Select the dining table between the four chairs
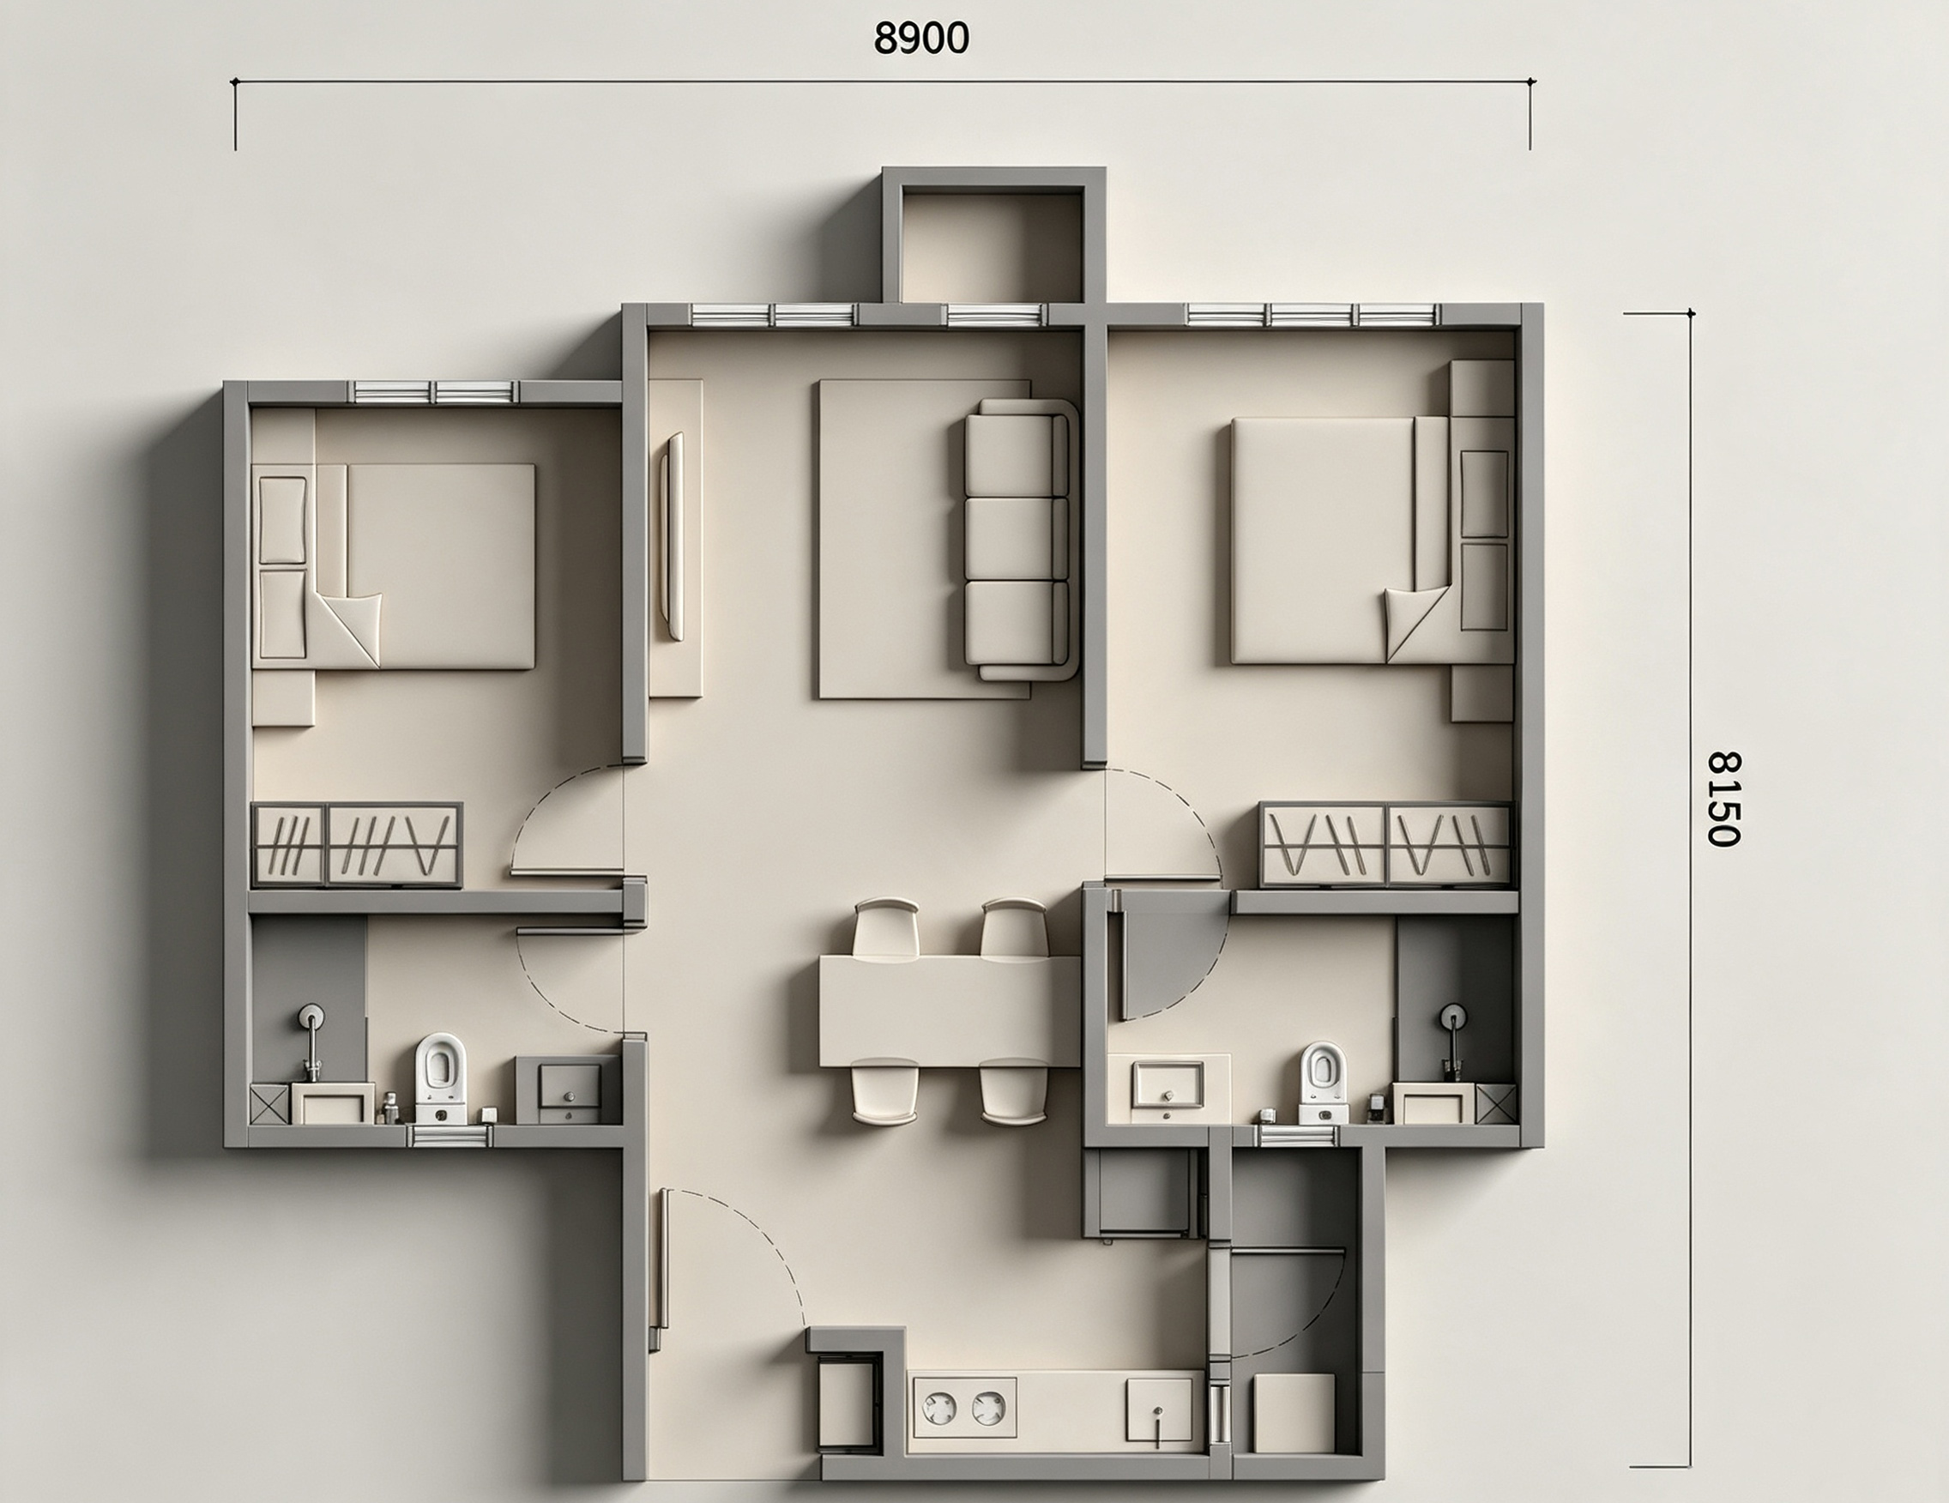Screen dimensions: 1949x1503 pyautogui.click(x=950, y=1011)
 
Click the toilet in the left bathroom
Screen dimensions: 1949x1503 pyautogui.click(x=440, y=1077)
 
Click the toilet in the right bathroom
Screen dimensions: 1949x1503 pyautogui.click(x=1323, y=1083)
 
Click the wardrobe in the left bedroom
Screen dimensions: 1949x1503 pyautogui.click(x=357, y=844)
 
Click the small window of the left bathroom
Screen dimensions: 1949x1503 pyautogui.click(x=450, y=1135)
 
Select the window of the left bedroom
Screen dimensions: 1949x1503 pyautogui.click(x=436, y=393)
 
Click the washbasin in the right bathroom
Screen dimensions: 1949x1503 pyautogui.click(x=1168, y=1084)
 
